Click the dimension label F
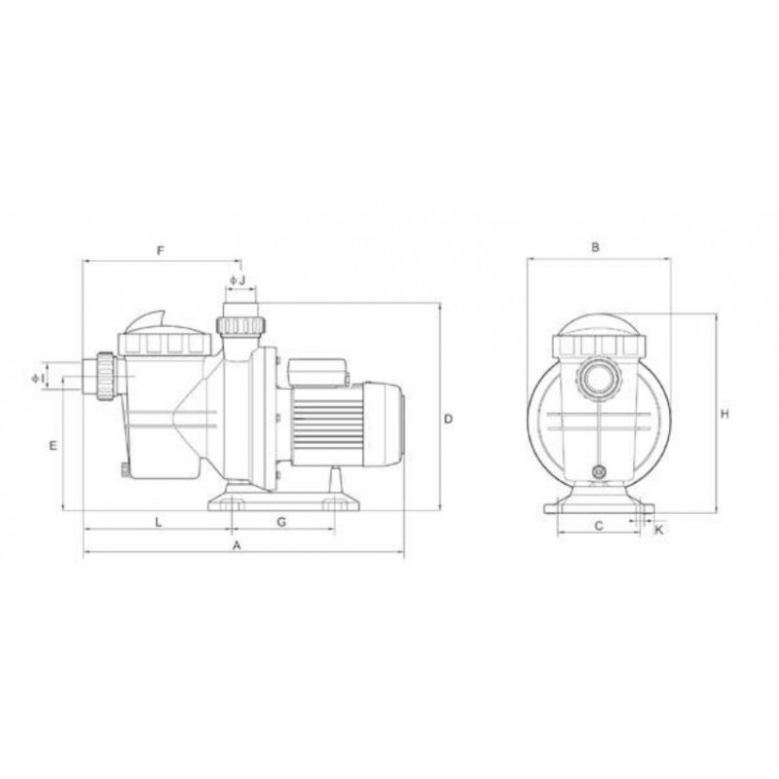(160, 251)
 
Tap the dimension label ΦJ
(238, 280)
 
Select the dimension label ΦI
(38, 378)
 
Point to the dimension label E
(54, 446)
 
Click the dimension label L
(159, 522)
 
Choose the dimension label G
(281, 522)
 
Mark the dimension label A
(237, 545)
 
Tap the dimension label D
(448, 419)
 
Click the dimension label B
(596, 247)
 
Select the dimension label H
(724, 414)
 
